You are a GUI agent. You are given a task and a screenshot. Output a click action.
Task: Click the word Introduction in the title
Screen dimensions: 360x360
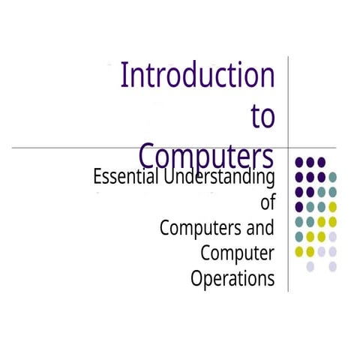tap(198, 76)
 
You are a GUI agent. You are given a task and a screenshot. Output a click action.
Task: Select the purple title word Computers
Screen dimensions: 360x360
tap(206, 156)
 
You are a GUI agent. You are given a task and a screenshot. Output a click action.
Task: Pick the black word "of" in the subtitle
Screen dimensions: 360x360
tap(267, 202)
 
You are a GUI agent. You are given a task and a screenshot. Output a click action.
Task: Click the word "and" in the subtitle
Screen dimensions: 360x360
tap(258, 226)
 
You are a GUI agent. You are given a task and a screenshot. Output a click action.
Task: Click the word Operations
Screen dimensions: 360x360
tap(232, 279)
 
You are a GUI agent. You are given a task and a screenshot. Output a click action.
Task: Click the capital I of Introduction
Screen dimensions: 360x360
tap(124, 76)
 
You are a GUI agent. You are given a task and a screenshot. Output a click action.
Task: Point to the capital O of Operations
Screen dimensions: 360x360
tap(197, 279)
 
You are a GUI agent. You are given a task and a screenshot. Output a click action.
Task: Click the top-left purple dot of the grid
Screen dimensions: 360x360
tap(299, 162)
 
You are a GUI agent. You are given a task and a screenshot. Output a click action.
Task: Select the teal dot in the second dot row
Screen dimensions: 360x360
tap(333, 177)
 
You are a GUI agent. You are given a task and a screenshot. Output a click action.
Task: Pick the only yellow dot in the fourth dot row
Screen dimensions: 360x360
tap(333, 206)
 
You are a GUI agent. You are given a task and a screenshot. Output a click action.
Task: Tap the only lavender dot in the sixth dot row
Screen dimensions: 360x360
tap(333, 236)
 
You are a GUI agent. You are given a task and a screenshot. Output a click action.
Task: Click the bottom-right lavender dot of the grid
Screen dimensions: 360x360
tap(333, 265)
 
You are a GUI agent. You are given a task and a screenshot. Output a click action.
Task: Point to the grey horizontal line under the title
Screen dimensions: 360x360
tap(75, 148)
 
